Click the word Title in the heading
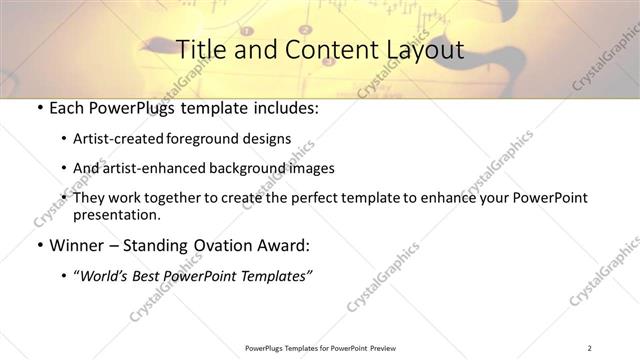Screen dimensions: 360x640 pos(198,49)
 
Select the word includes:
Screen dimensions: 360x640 pos(284,108)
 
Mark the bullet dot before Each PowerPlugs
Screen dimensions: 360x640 pos(38,109)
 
